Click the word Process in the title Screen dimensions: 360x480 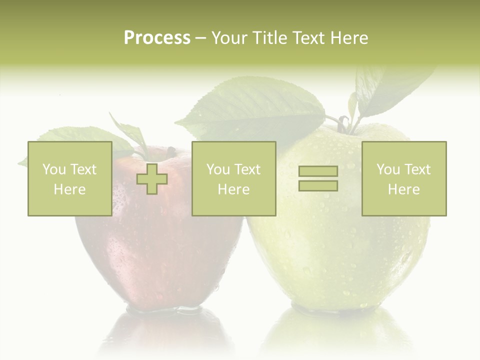(x=157, y=38)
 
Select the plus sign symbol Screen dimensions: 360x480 (x=152, y=179)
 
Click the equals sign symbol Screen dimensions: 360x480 (x=318, y=178)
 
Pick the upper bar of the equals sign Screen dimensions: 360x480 (x=318, y=171)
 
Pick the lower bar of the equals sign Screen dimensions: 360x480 (x=318, y=186)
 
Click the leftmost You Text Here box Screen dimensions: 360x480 (x=69, y=178)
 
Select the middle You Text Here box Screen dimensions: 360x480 (x=233, y=178)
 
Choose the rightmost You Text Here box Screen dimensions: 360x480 (x=403, y=178)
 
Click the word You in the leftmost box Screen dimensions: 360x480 (x=53, y=169)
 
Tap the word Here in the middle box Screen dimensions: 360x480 (x=233, y=189)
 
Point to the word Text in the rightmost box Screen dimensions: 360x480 (x=416, y=169)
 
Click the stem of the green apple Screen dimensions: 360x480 (x=344, y=122)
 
